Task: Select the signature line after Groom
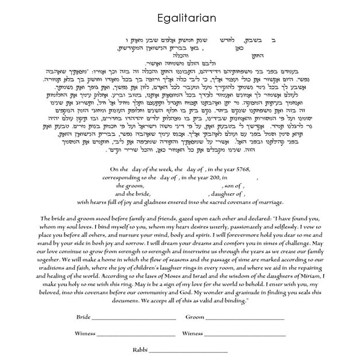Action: tap(245, 318)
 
